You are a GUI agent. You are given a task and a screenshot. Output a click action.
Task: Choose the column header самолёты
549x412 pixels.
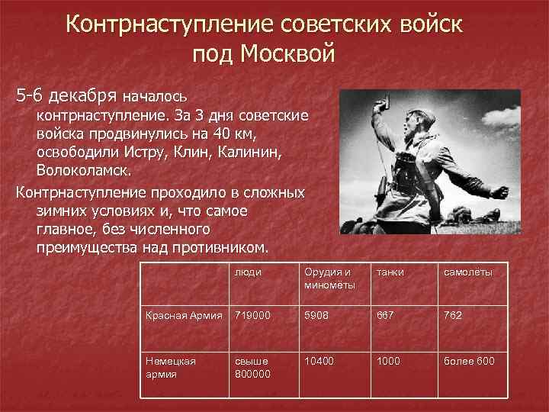pyautogui.click(x=464, y=272)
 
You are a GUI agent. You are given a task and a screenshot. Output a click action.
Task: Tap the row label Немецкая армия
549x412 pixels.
pyautogui.click(x=172, y=365)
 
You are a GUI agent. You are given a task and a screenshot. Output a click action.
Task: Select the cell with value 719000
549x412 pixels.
pyautogui.click(x=252, y=314)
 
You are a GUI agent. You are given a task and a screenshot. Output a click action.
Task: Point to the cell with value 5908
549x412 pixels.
pyautogui.click(x=316, y=314)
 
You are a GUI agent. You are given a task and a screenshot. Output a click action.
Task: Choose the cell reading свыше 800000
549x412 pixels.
pyautogui.click(x=252, y=365)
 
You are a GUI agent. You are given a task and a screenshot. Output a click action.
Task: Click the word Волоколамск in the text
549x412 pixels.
pyautogui.click(x=84, y=167)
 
